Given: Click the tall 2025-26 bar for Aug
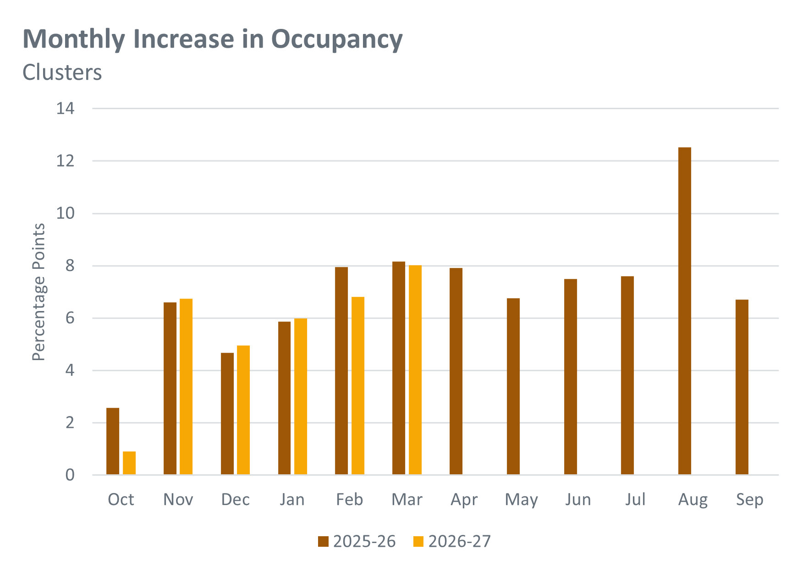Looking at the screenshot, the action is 684,311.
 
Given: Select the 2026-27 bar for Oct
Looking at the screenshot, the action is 129,463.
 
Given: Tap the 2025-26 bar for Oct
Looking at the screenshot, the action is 113,441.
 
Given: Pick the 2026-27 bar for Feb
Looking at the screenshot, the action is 358,386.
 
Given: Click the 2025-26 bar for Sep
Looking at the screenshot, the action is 742,387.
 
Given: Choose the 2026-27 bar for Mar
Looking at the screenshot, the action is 415,370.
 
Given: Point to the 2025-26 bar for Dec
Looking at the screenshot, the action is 227,414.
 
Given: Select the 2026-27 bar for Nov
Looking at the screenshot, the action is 186,387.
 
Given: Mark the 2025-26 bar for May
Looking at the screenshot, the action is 513,386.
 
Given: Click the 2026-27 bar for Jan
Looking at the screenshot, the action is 301,396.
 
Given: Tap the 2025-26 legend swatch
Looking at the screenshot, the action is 324,542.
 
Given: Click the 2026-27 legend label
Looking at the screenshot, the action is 460,542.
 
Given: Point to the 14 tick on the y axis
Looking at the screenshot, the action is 66,108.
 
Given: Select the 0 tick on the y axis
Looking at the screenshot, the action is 70,475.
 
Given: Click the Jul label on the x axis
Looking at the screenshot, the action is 635,499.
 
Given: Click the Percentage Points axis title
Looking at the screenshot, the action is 39,292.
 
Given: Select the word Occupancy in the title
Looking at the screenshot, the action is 337,40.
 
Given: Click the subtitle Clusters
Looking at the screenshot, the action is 62,72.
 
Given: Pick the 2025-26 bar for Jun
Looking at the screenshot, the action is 571,377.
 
